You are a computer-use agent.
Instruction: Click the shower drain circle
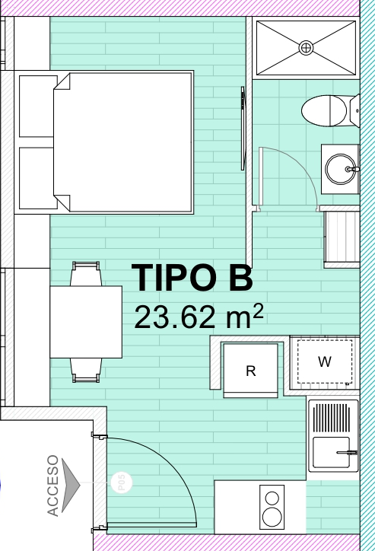click(x=307, y=48)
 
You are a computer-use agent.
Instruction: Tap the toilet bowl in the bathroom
click(x=324, y=110)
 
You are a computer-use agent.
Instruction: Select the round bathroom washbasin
click(x=340, y=169)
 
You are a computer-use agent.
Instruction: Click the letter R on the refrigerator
click(x=251, y=371)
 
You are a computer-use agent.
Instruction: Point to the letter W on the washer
click(x=325, y=361)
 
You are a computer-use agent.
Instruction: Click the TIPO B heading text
click(x=192, y=278)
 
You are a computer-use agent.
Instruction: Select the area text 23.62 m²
click(x=199, y=317)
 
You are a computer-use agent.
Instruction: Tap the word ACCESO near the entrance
click(x=52, y=486)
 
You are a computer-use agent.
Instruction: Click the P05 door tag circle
click(x=122, y=483)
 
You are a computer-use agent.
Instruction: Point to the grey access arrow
click(x=70, y=485)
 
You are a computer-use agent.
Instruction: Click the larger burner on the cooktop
click(x=272, y=517)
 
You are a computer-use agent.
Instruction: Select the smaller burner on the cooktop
click(x=272, y=498)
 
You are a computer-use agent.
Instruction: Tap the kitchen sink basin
click(x=331, y=452)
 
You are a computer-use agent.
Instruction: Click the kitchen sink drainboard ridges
click(x=331, y=418)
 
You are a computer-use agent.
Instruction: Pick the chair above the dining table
click(x=86, y=274)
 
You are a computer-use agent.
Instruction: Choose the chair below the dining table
click(x=86, y=370)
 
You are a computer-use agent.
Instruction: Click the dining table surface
click(x=86, y=322)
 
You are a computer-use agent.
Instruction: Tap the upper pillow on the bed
click(x=38, y=106)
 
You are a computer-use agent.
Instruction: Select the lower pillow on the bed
click(x=38, y=178)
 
